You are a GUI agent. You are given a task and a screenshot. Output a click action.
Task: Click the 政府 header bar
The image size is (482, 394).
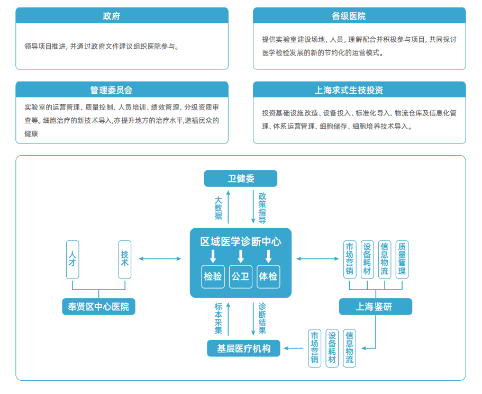tap(122, 16)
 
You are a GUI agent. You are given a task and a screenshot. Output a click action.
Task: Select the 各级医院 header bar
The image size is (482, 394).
tap(359, 16)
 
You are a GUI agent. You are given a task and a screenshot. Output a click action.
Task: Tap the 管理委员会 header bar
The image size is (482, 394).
tap(122, 90)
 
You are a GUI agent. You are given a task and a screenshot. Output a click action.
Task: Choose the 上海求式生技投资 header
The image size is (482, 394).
tap(359, 90)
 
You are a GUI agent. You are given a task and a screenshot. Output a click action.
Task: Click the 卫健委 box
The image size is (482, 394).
tap(241, 178)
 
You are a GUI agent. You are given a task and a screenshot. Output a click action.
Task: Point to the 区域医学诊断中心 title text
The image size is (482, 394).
tap(241, 242)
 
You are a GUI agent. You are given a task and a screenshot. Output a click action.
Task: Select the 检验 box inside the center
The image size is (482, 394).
tap(213, 276)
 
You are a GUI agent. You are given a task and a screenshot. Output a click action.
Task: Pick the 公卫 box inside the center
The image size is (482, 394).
tap(241, 276)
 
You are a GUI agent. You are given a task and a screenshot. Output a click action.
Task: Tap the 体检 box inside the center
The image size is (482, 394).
tap(268, 276)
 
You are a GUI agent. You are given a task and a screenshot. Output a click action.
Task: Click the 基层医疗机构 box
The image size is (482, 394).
tap(244, 348)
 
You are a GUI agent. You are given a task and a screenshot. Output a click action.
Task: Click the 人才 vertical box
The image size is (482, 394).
tap(72, 259)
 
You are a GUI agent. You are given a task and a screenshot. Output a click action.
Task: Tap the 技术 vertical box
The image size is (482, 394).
tap(125, 259)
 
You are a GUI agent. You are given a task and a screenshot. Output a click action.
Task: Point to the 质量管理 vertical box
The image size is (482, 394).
tap(402, 259)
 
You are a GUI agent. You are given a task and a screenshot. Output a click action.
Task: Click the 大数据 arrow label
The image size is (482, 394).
tap(219, 208)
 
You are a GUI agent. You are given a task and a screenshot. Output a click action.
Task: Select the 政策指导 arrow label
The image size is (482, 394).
tap(262, 208)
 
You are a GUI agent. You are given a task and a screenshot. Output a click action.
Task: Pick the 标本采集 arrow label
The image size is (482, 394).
tap(219, 318)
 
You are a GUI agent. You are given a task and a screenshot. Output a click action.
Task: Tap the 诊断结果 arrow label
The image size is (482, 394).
tap(262, 318)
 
